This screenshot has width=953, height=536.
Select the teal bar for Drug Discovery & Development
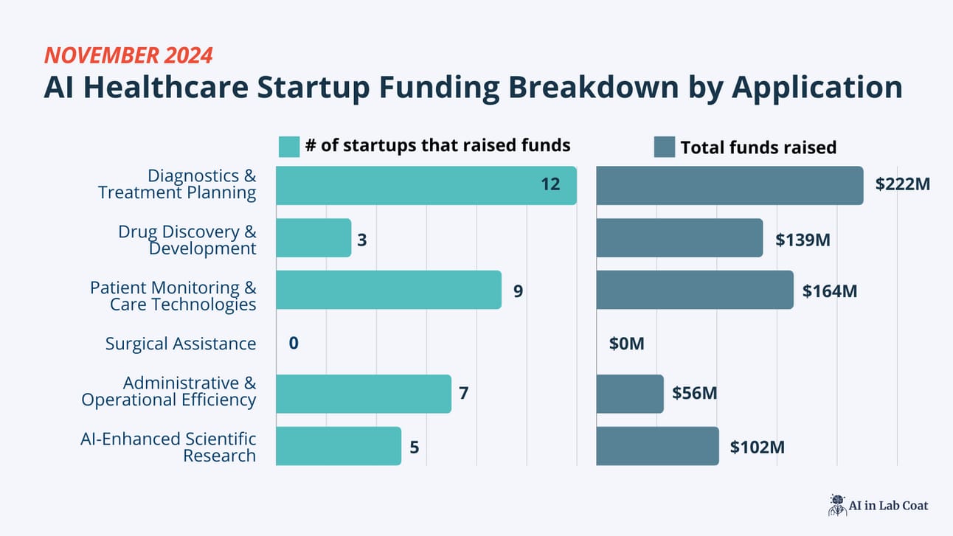[313, 237]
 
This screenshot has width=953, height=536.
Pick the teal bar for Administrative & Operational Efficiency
[364, 394]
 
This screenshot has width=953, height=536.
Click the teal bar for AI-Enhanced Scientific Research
[339, 446]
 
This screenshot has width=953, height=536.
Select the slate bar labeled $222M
[730, 185]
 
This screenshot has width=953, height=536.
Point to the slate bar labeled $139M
[679, 237]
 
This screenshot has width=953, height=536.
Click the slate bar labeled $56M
[630, 394]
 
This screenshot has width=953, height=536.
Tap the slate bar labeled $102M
[657, 446]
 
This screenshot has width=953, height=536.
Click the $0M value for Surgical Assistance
[627, 344]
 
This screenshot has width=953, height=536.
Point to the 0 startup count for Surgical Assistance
[294, 344]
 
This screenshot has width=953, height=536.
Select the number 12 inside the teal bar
[550, 184]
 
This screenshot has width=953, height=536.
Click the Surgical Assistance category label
[181, 344]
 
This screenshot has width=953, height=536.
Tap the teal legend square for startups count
[289, 147]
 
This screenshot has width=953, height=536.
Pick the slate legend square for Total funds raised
[665, 147]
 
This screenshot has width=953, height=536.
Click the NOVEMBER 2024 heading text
[128, 55]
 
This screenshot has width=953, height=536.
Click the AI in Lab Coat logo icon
[836, 505]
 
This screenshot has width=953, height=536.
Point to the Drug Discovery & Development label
[187, 240]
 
